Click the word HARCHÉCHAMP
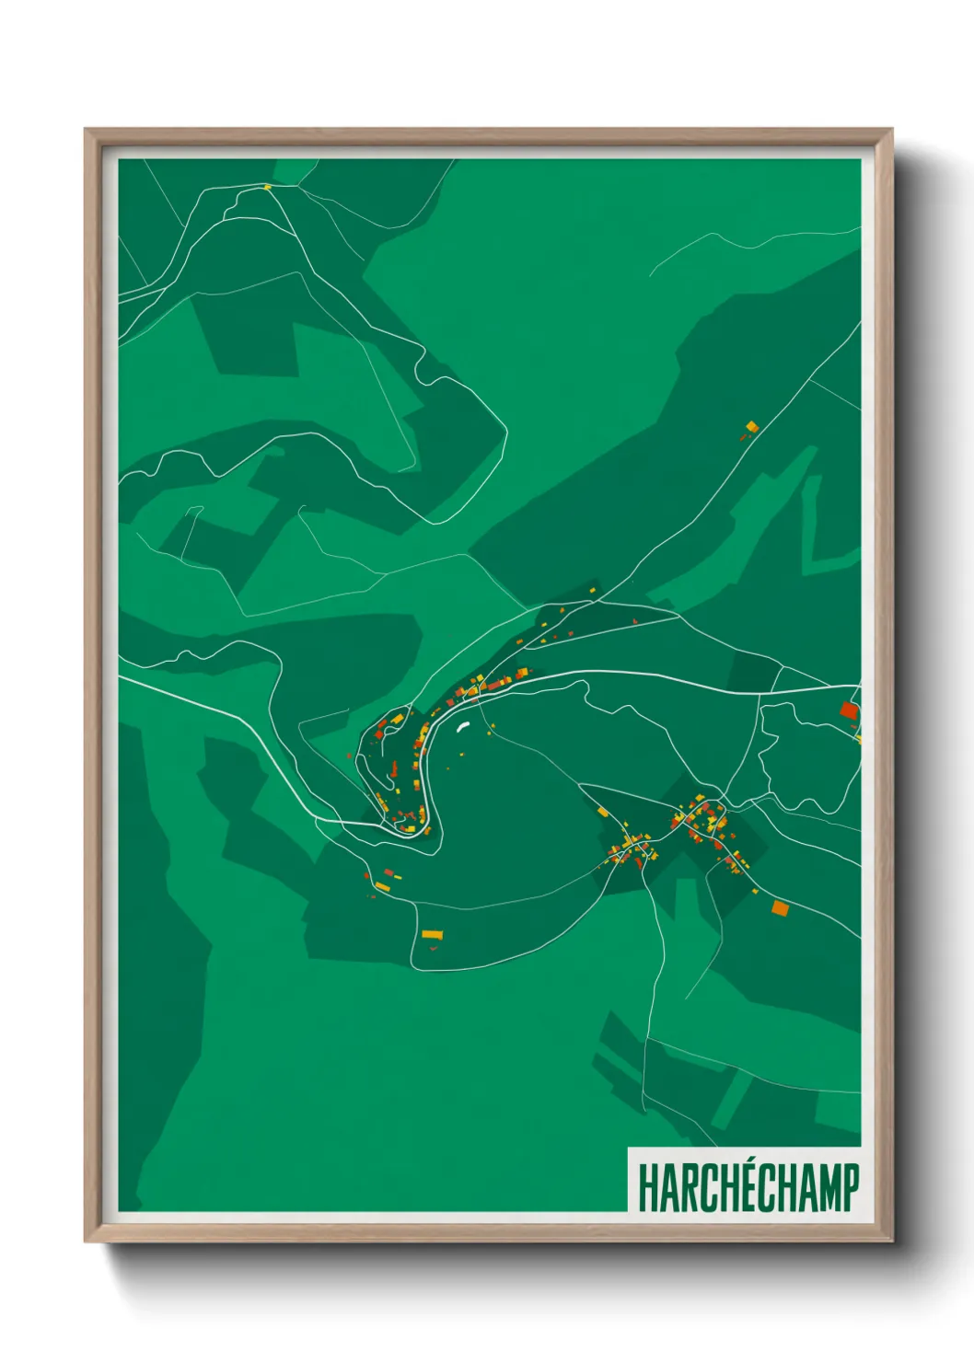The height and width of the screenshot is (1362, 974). pos(748,1187)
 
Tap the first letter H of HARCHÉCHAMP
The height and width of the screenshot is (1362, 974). pos(646,1188)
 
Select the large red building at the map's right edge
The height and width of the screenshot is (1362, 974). pos(849,710)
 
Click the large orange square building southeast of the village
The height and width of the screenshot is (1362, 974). pos(780,908)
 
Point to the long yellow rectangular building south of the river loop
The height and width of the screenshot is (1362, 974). pos(432,934)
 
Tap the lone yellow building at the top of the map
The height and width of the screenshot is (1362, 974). pos(267,188)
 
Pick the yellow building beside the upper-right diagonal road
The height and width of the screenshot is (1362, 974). pos(751,426)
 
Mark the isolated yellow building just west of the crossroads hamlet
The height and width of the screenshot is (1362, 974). pos(602,812)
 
